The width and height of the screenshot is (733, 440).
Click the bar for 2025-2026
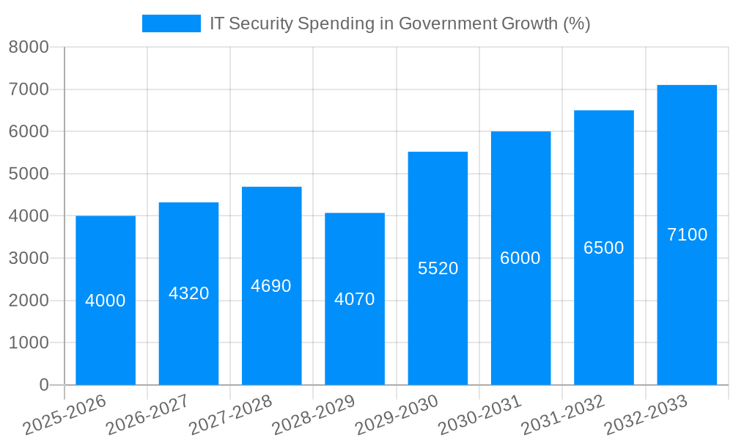click(106, 337)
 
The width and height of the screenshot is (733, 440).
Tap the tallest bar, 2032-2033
click(687, 308)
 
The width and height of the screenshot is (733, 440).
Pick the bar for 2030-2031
click(520, 323)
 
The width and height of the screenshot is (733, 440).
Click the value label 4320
click(188, 293)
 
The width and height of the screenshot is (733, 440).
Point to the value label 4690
click(271, 286)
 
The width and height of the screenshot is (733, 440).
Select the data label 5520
click(438, 268)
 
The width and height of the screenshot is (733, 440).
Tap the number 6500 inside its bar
click(603, 248)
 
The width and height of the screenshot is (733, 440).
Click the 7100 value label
click(687, 235)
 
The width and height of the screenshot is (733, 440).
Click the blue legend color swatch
click(171, 23)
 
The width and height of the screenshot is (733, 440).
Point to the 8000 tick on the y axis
click(29, 48)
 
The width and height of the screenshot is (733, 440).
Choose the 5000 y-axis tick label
click(29, 174)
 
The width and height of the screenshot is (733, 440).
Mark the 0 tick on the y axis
click(43, 385)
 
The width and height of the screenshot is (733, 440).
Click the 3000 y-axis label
click(29, 258)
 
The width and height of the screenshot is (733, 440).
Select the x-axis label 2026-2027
click(147, 415)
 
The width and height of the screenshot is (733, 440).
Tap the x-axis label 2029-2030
click(397, 415)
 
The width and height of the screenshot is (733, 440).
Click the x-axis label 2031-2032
click(562, 415)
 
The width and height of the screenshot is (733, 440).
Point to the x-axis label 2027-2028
click(230, 415)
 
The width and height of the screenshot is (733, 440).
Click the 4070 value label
click(355, 299)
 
